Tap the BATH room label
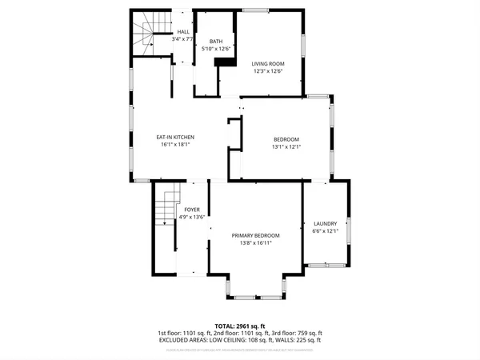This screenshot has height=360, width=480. [x=216, y=42]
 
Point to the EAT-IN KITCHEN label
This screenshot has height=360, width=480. [x=175, y=138]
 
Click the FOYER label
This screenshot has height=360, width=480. [x=193, y=209]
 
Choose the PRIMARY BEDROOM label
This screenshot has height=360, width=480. [x=256, y=235]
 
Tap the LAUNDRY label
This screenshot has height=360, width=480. [x=326, y=223]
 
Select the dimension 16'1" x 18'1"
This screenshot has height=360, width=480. [x=175, y=146]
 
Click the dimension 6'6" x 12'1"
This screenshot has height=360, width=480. [x=326, y=231]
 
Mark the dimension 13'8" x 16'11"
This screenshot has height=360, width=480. [x=256, y=243]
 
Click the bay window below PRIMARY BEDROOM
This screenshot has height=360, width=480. [x=256, y=288]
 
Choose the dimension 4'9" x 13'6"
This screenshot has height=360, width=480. [x=193, y=216]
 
